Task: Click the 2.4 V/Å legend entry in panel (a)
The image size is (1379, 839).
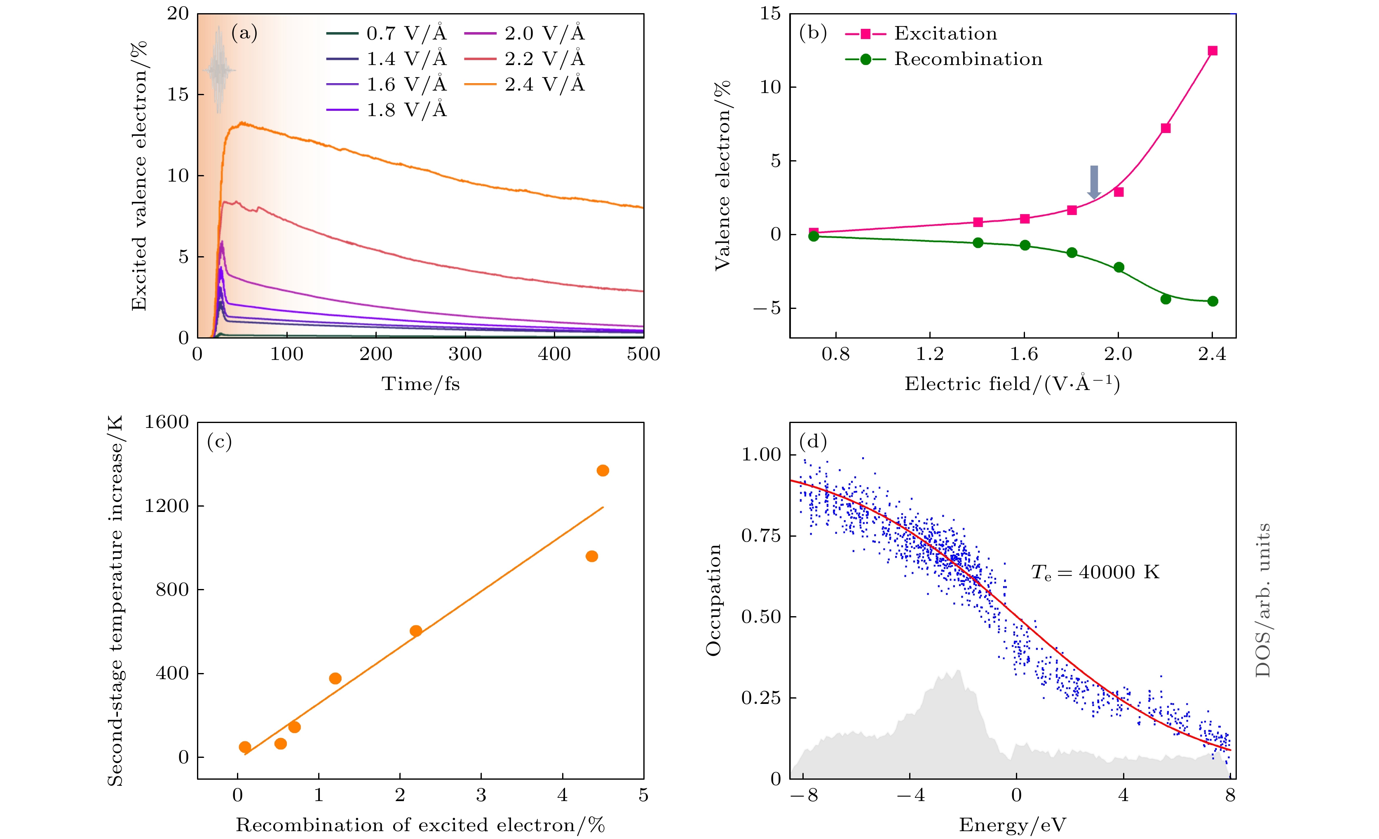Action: [x=524, y=84]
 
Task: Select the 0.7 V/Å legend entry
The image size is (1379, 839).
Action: [x=386, y=33]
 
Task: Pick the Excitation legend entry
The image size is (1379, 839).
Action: [x=921, y=33]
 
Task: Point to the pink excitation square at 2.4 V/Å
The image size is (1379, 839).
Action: [x=1212, y=51]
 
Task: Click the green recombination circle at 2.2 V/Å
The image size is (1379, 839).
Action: [x=1166, y=299]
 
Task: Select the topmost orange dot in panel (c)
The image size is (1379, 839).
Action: [x=603, y=470]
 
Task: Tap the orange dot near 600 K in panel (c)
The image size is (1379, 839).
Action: [x=416, y=631]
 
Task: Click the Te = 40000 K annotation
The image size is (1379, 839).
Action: [x=1095, y=572]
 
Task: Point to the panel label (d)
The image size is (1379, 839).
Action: [x=813, y=442]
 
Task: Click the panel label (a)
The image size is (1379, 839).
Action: [x=244, y=33]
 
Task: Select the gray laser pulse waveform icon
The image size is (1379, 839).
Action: [x=219, y=70]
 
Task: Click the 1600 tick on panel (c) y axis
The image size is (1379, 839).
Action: [x=167, y=422]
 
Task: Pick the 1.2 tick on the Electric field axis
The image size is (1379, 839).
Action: [x=930, y=354]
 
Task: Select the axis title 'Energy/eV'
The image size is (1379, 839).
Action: [x=1013, y=825]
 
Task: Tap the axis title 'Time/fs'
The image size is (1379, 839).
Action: [x=420, y=384]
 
